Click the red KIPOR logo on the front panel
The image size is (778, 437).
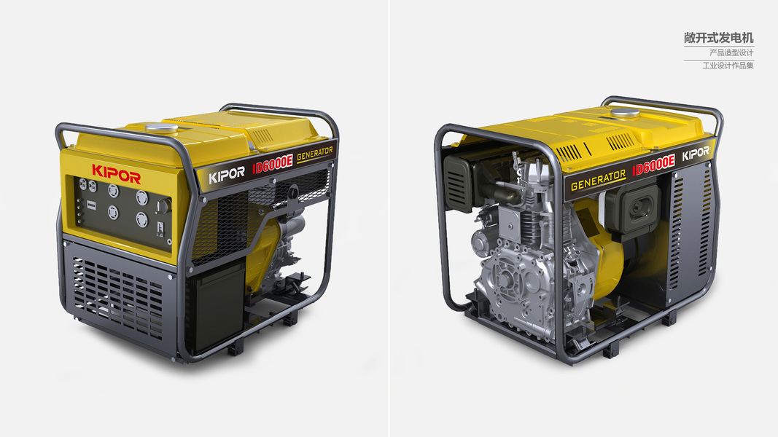point(116,173)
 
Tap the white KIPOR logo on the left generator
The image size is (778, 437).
point(226,174)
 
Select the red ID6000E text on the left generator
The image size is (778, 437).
point(273,163)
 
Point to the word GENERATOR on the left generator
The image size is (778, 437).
point(315,154)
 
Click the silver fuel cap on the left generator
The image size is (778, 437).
point(161,129)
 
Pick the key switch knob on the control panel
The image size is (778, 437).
point(163,206)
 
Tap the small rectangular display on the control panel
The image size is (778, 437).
point(91,205)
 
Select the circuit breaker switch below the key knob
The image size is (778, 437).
point(160,229)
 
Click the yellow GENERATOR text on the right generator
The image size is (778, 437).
point(599,181)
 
